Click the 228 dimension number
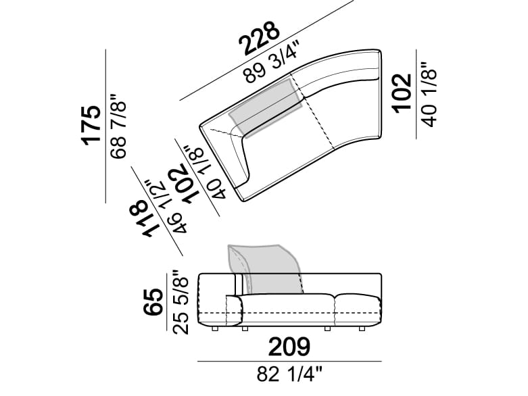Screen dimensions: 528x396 259,38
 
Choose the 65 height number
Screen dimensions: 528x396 153,302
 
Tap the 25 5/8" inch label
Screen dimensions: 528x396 181,302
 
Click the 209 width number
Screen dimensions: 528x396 289,347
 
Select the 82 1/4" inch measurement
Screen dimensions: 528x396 290,374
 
